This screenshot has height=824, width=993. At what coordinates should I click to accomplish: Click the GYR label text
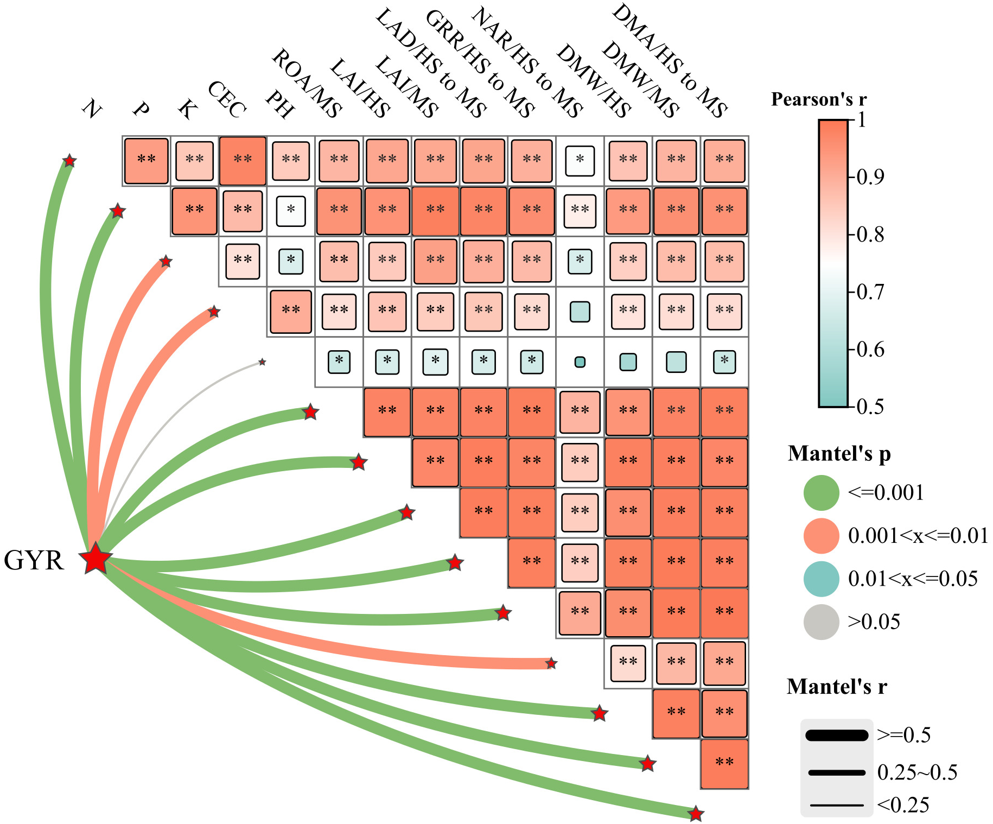click(x=34, y=560)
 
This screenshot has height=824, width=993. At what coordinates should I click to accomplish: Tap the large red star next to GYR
click(x=96, y=559)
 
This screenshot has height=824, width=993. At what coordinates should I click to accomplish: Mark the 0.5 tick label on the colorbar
click(x=870, y=407)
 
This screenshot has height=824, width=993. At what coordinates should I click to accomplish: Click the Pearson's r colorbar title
click(x=819, y=99)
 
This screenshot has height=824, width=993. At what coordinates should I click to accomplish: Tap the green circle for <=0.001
click(x=821, y=493)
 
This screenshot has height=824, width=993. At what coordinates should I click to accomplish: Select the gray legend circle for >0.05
click(x=821, y=622)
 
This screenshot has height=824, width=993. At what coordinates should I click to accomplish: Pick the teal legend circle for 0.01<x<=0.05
click(x=821, y=579)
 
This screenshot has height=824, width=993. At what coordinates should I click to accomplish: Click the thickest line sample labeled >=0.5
click(x=837, y=736)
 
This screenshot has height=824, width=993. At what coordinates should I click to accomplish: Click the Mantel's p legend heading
click(x=839, y=453)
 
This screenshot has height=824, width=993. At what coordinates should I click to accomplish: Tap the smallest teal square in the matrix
click(x=580, y=362)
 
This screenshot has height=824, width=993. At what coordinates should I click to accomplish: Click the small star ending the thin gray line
click(x=262, y=362)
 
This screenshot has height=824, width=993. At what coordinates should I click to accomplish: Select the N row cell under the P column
click(x=146, y=161)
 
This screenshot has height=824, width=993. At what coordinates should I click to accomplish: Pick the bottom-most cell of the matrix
click(x=724, y=764)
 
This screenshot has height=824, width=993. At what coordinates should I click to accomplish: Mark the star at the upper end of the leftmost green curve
click(x=69, y=161)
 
